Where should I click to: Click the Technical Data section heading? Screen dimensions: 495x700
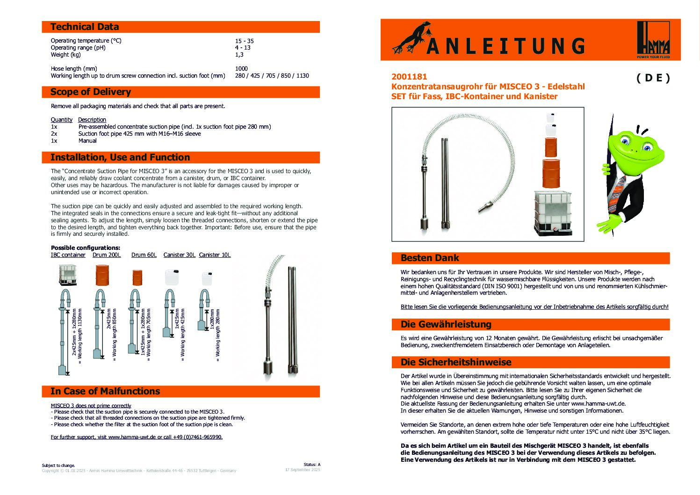[x=85, y=27]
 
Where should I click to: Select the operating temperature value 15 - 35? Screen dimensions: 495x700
[x=244, y=41]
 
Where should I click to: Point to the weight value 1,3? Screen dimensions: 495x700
[x=239, y=55]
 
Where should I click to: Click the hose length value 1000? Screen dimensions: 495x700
[x=241, y=68]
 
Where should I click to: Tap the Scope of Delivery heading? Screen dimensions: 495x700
[x=91, y=92]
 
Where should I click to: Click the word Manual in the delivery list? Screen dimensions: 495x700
[x=87, y=140]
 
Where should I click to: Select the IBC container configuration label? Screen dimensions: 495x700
[x=68, y=255]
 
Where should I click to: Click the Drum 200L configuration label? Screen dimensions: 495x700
[x=107, y=255]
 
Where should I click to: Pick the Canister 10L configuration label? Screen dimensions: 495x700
[x=215, y=255]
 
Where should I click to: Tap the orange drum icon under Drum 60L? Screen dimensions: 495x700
[x=137, y=277]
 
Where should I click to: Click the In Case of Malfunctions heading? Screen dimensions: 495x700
[x=105, y=391]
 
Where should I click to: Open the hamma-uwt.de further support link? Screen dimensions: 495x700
[x=137, y=437]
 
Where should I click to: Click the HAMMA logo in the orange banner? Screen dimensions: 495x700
[x=653, y=39]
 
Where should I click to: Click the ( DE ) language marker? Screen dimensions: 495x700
[x=653, y=78]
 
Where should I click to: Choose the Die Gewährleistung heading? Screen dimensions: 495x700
[x=446, y=324]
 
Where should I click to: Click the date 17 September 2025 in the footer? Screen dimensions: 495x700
[x=303, y=470]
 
